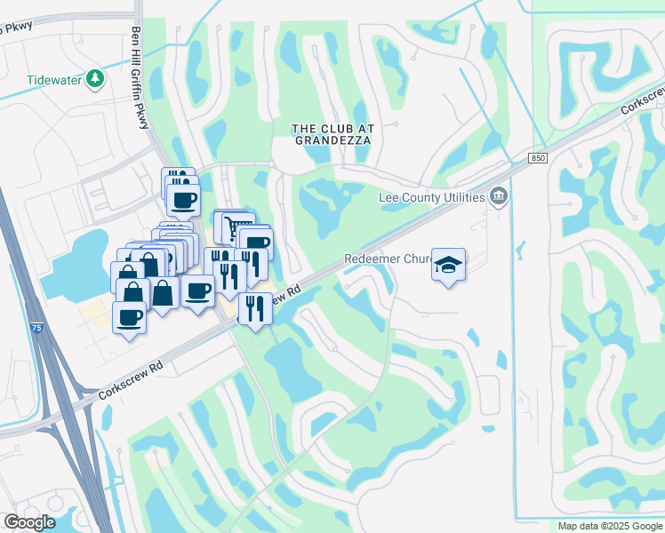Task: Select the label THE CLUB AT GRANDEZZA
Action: click(x=333, y=134)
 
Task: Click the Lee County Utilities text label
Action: click(x=431, y=197)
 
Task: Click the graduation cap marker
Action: click(x=449, y=265)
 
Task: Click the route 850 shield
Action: click(x=537, y=157)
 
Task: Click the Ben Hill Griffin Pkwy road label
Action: click(x=139, y=77)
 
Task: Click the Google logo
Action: click(x=29, y=522)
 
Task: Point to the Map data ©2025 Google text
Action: click(x=610, y=526)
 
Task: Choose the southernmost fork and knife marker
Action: click(x=255, y=308)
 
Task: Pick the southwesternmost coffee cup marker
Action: click(x=130, y=316)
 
